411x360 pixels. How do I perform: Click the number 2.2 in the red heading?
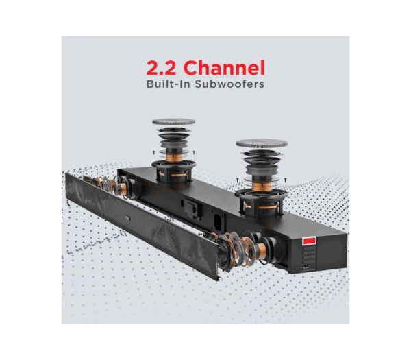pyautogui.click(x=161, y=68)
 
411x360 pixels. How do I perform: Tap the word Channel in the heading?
pyautogui.click(x=224, y=68)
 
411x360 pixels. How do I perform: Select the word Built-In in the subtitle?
pyautogui.click(x=168, y=84)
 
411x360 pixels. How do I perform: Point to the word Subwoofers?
pyautogui.click(x=229, y=84)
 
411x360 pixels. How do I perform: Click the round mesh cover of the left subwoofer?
pyautogui.click(x=173, y=122)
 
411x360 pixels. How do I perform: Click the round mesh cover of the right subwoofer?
pyautogui.click(x=262, y=143)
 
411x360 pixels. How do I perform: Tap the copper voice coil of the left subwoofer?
pyautogui.click(x=174, y=158)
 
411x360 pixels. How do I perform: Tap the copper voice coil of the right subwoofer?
pyautogui.click(x=262, y=187)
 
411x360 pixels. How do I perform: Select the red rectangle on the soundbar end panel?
pyautogui.click(x=309, y=241)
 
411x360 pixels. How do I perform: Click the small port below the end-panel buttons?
pyautogui.click(x=306, y=267)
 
